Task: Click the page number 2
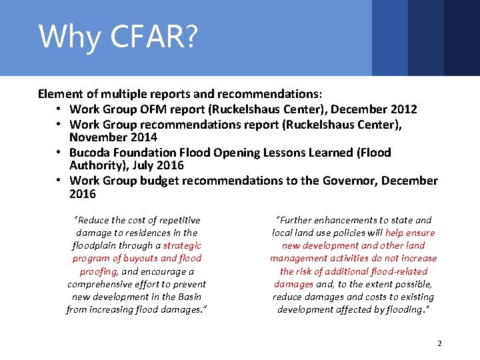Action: [439, 343]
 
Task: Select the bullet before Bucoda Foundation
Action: [59, 152]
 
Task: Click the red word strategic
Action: [181, 245]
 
